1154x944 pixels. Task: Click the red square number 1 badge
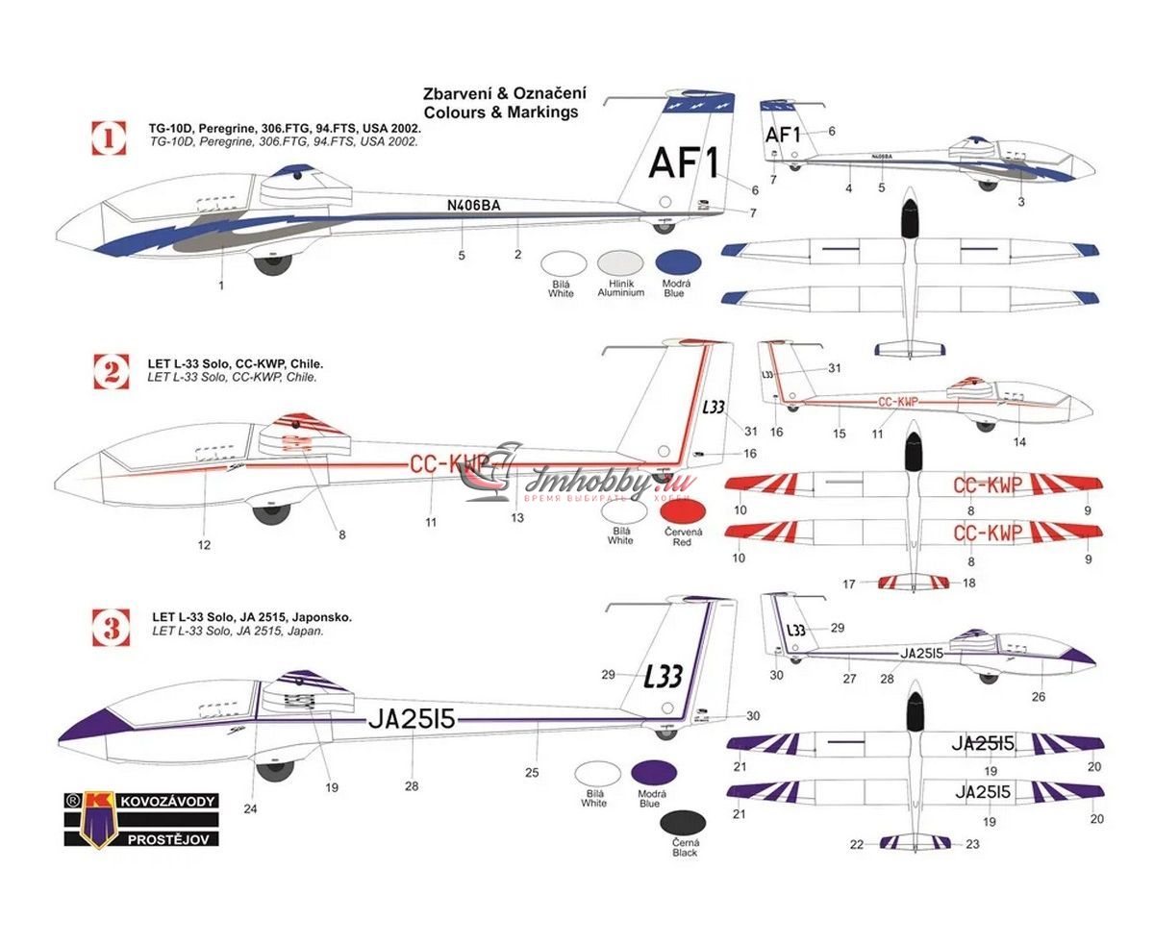[x=109, y=137]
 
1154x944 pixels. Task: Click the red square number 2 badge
[x=111, y=371]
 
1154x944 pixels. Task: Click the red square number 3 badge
[x=112, y=629]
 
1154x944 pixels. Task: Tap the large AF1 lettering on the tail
[x=684, y=164]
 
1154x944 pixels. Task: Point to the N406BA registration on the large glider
[x=473, y=205]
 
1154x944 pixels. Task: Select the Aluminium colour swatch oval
[x=620, y=264]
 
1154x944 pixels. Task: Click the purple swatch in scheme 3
[x=653, y=773]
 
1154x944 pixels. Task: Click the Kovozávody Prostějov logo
[x=141, y=819]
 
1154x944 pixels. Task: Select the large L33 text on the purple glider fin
[x=664, y=676]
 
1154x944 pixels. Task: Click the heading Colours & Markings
[x=500, y=112]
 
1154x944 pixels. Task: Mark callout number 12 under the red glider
[x=204, y=545]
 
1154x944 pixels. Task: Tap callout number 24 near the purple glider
[x=250, y=809]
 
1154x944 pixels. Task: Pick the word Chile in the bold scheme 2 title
[x=306, y=364]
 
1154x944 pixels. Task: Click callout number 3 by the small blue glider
[x=1020, y=202]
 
